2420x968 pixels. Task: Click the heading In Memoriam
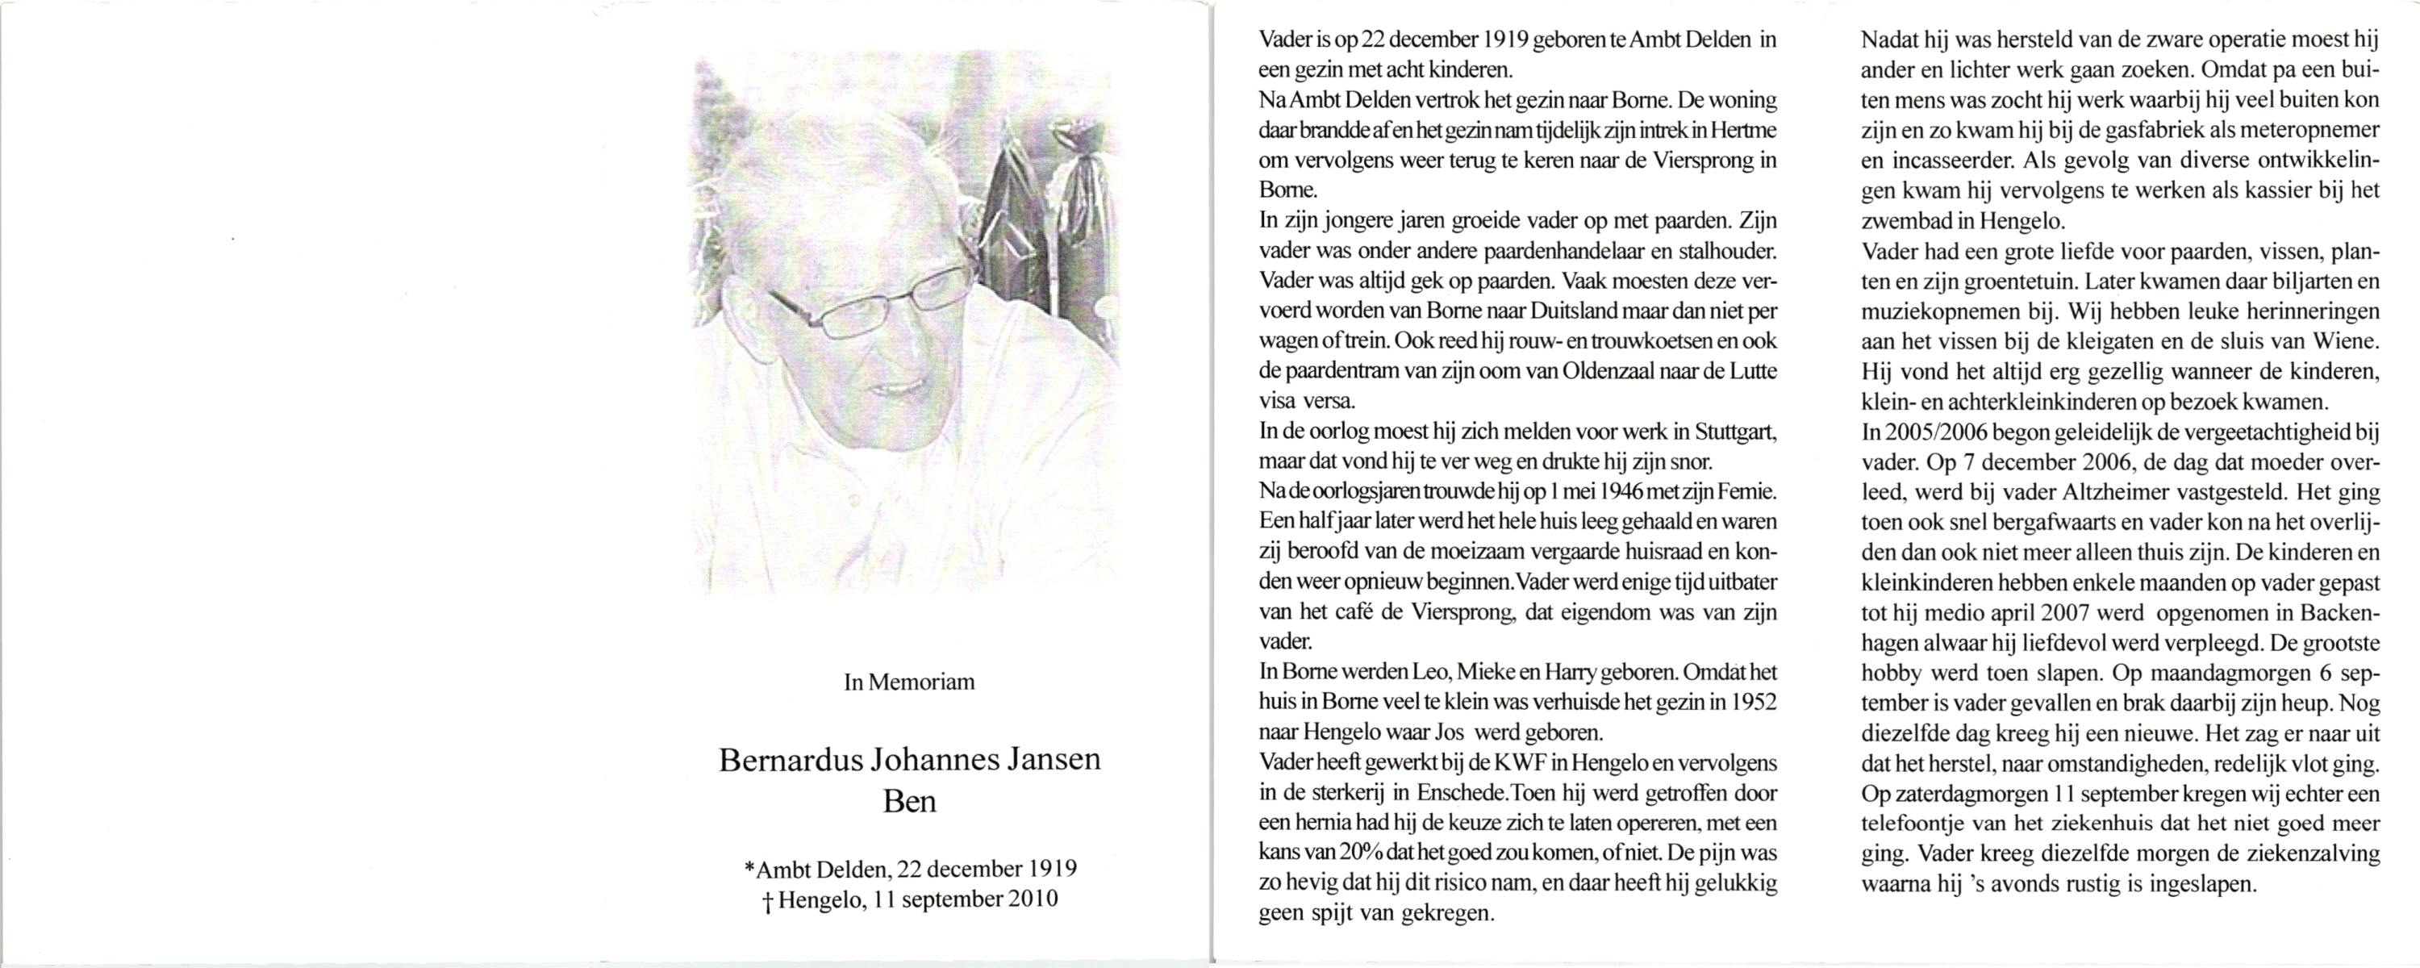point(908,682)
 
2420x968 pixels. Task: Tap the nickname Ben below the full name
point(909,802)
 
